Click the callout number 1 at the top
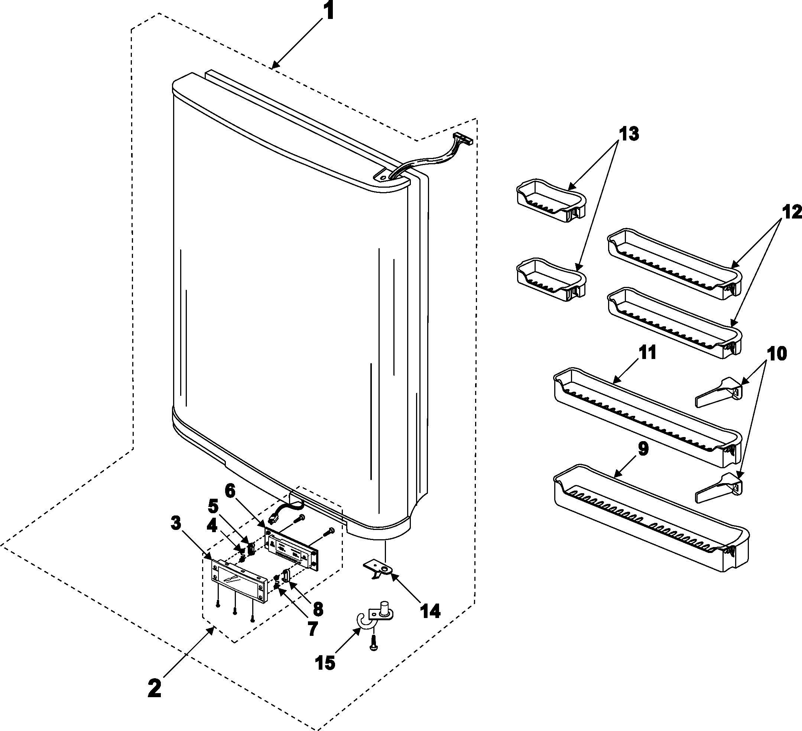[x=328, y=12]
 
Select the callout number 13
[x=629, y=134]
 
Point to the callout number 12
[x=791, y=212]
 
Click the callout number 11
[x=647, y=353]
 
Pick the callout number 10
[x=776, y=353]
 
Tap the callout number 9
[x=643, y=449]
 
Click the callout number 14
[x=430, y=611]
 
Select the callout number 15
[x=325, y=663]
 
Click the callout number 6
[x=230, y=491]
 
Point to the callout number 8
[x=318, y=608]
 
